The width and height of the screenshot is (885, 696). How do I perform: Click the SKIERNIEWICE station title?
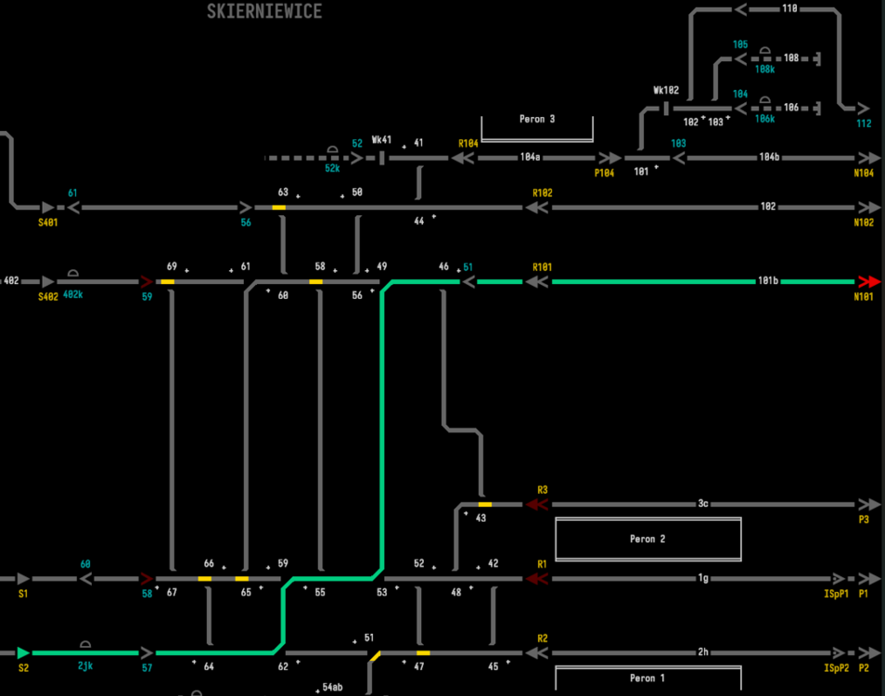(x=265, y=12)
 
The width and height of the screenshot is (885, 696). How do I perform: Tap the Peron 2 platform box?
(x=648, y=539)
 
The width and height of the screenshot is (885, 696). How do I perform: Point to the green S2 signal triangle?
(x=23, y=653)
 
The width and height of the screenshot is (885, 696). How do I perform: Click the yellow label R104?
(x=468, y=144)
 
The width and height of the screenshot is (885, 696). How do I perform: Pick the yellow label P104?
(x=605, y=174)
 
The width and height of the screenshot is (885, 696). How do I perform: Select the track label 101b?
(x=768, y=281)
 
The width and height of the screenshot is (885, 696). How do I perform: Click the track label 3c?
(x=703, y=504)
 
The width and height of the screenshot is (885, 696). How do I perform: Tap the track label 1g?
(x=703, y=578)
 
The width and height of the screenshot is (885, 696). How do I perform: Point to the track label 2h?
(x=703, y=652)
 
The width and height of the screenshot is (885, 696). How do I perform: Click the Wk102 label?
(x=666, y=91)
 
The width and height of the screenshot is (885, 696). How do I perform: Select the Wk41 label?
(x=381, y=140)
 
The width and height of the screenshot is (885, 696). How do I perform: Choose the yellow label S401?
(x=48, y=223)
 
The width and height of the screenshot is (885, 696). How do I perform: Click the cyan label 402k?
(x=74, y=295)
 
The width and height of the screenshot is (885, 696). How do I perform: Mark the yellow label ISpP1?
(x=837, y=593)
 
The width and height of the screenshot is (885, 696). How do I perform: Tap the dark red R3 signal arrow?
(x=535, y=505)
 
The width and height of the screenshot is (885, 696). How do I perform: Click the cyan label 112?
(x=864, y=123)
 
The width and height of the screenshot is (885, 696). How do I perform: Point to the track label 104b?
(x=768, y=159)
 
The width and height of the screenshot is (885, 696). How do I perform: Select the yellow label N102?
(x=864, y=223)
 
